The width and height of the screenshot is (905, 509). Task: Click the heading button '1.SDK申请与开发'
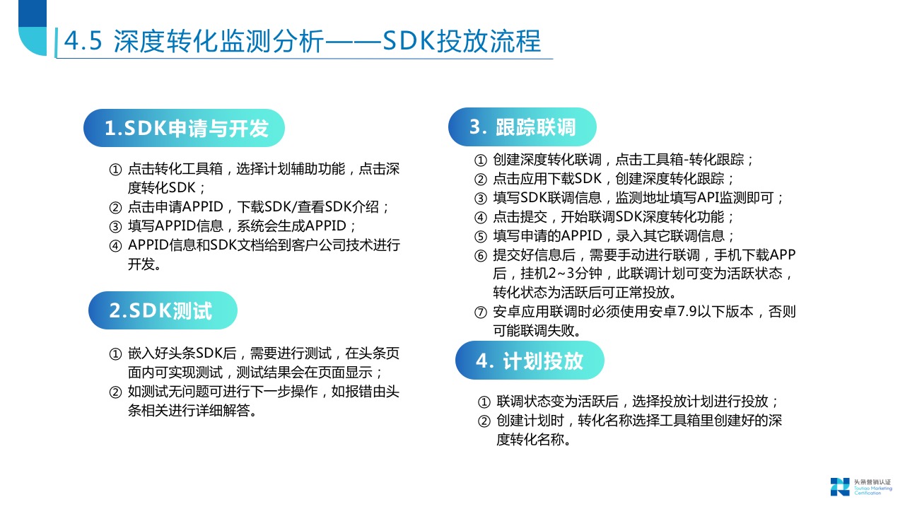pyautogui.click(x=185, y=128)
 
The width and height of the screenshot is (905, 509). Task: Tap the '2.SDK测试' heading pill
pyautogui.click(x=162, y=310)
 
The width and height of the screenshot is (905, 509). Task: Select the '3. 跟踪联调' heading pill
pyautogui.click(x=522, y=127)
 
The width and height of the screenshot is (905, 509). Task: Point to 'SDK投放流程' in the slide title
pyautogui.click(x=462, y=42)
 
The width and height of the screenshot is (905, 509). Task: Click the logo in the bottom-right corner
pyautogui.click(x=840, y=486)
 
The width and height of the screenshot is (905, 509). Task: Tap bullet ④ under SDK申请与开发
pyautogui.click(x=115, y=246)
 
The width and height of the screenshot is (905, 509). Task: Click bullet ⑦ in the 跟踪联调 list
pyautogui.click(x=480, y=312)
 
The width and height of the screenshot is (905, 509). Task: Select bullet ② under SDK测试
pyautogui.click(x=115, y=392)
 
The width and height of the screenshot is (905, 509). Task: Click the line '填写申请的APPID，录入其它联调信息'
pyautogui.click(x=614, y=236)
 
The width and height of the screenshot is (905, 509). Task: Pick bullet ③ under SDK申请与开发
pyautogui.click(x=115, y=227)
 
